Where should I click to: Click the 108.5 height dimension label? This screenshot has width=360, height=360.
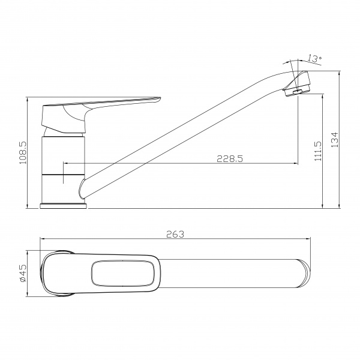pos(23,152)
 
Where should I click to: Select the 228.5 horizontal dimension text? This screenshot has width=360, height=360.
pos(230,158)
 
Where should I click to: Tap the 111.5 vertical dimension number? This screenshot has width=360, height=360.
pos(318,151)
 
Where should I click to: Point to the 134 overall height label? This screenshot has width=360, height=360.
pos(335,140)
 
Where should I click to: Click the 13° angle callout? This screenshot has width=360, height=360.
pos(314,59)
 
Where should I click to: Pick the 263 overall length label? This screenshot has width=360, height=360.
pos(175,234)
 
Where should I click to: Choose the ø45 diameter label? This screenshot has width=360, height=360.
pos(23,273)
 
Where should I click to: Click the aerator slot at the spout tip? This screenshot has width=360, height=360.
pos(298,92)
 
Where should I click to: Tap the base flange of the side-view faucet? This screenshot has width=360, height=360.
pos(64,206)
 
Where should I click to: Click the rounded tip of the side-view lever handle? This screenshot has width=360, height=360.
pos(158,100)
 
